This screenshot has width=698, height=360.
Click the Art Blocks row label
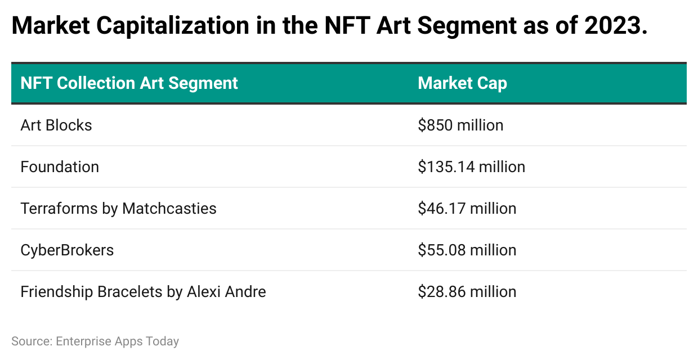click(x=56, y=125)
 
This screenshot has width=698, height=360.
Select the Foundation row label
click(x=60, y=166)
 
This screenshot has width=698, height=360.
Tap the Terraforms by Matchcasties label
click(x=118, y=208)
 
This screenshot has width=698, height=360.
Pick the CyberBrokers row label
click(x=67, y=250)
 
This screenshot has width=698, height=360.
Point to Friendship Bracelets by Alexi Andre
click(x=143, y=291)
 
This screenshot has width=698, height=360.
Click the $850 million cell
click(x=460, y=125)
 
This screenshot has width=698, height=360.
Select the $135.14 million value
click(x=471, y=166)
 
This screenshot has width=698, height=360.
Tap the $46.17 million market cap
click(x=467, y=208)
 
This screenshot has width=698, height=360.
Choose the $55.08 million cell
click(x=467, y=250)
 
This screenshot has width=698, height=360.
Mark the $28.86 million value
click(x=467, y=291)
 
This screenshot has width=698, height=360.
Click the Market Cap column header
click(x=462, y=83)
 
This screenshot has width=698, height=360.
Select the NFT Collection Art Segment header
click(x=129, y=83)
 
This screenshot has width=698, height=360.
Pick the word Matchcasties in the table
click(x=169, y=208)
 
